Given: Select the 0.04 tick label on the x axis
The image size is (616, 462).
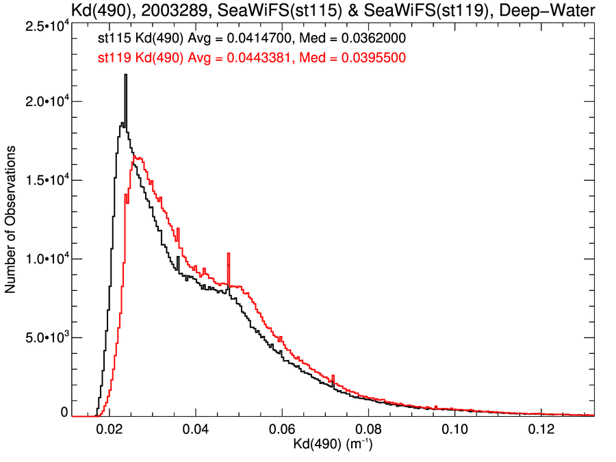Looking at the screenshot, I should [196, 429].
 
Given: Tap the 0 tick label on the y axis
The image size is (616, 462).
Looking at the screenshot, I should [64, 413].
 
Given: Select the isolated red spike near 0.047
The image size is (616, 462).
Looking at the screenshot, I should [228, 255].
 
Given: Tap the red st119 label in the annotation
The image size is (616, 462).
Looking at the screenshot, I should [114, 58].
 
